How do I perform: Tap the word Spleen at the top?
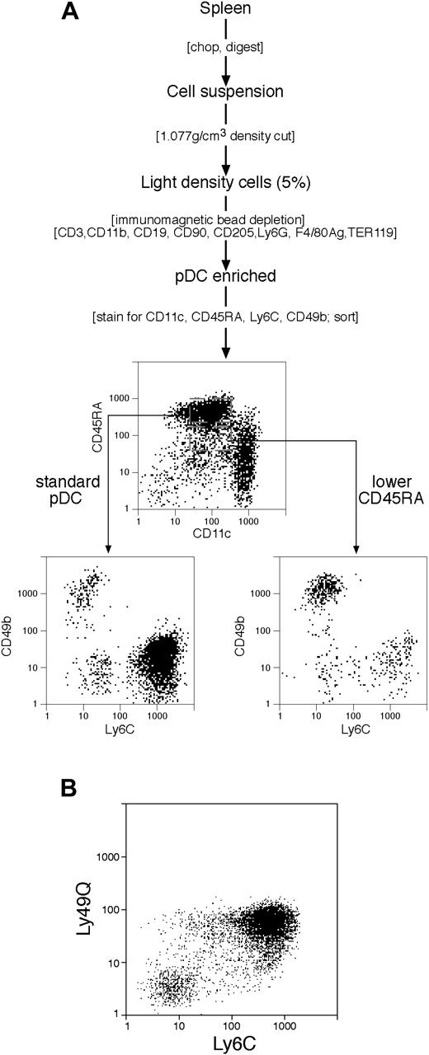[x=225, y=11]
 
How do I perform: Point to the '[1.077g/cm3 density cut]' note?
[x=225, y=128]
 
